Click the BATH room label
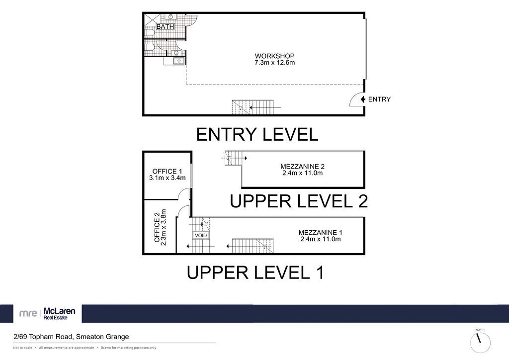(x=165, y=27)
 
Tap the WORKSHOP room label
(x=274, y=56)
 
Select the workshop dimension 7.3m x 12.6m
(x=274, y=63)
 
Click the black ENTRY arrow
(x=363, y=99)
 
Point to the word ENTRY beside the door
(x=379, y=99)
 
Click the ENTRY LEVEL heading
(x=257, y=134)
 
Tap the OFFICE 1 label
(x=167, y=172)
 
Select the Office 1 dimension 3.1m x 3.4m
(x=167, y=178)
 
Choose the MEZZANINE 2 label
(x=302, y=167)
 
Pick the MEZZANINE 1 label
(x=320, y=233)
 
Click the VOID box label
(x=201, y=235)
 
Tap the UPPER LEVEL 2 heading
(x=299, y=201)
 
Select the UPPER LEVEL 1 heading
(x=255, y=272)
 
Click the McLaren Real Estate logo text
(x=59, y=314)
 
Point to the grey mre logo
(x=28, y=314)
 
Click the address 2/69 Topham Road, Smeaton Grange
(x=71, y=337)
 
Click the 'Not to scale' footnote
(x=22, y=348)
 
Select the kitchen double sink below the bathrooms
(x=178, y=61)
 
